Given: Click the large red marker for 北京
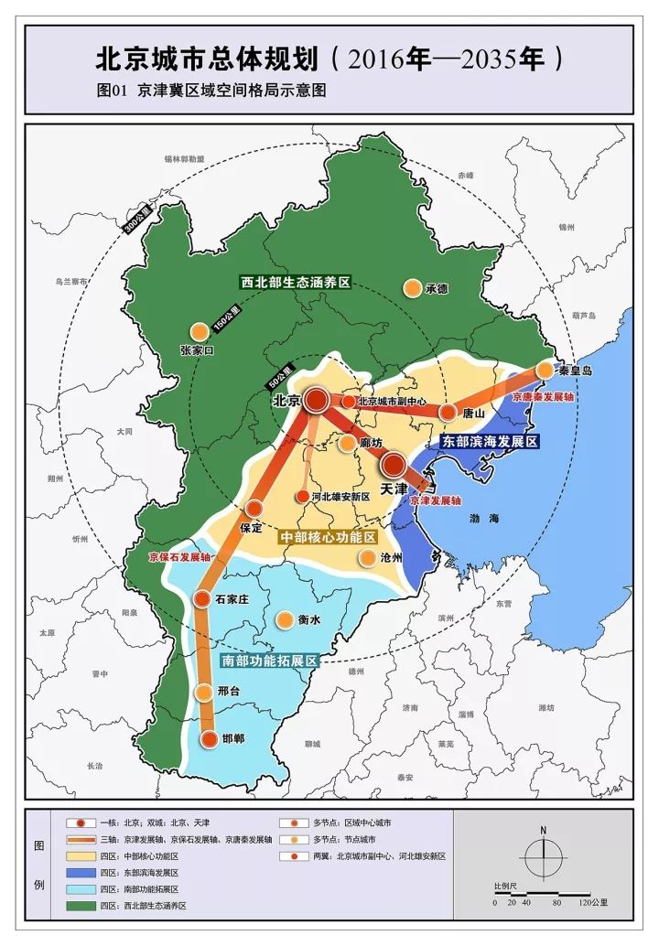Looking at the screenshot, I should click(x=318, y=399).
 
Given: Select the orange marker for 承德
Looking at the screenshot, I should click(x=413, y=288).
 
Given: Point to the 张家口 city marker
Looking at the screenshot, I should click(x=199, y=333).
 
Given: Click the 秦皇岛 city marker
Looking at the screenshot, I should click(x=545, y=370).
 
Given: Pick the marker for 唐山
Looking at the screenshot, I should click(x=448, y=413).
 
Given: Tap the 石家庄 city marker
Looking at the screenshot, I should click(x=202, y=599).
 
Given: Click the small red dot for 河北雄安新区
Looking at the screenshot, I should click(x=302, y=497).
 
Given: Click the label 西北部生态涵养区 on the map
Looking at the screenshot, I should click(x=295, y=283).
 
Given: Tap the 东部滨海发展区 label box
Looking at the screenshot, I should click(x=490, y=441).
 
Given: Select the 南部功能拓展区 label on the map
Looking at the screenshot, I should click(x=269, y=660).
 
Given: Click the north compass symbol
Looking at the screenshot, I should click(x=543, y=857).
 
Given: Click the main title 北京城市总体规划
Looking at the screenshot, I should click(x=210, y=60).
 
